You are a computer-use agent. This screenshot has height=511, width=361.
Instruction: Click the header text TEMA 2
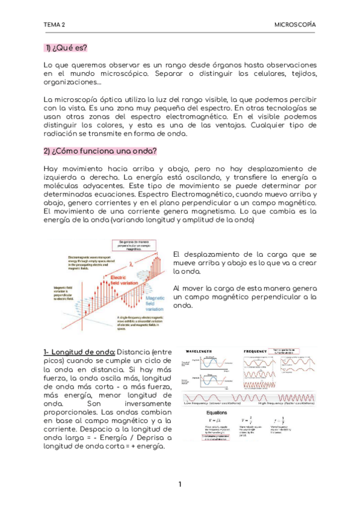click(x=54, y=25)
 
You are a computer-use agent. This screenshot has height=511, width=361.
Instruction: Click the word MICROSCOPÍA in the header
click(x=295, y=25)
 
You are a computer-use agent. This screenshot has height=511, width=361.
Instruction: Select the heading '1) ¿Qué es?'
click(x=66, y=48)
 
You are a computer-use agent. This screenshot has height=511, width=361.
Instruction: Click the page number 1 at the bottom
click(x=180, y=485)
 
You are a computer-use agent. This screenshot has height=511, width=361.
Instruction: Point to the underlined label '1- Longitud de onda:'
click(x=79, y=352)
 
